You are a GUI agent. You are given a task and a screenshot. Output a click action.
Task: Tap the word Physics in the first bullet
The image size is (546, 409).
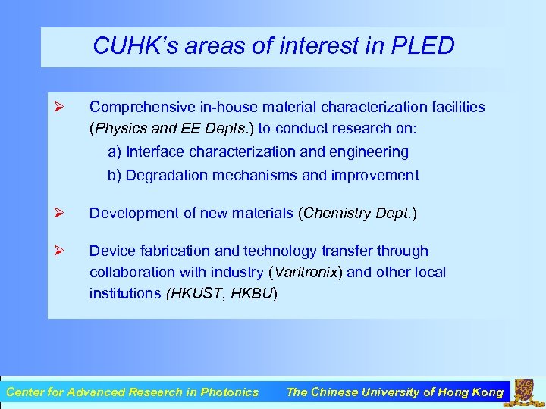pyautogui.click(x=118, y=128)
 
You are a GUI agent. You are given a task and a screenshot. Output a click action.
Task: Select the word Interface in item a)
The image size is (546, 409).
pyautogui.click(x=155, y=151)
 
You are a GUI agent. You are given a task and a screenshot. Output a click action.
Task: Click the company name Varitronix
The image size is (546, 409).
pyautogui.click(x=303, y=272)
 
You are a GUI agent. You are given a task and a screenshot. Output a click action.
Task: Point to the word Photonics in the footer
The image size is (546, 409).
pyautogui.click(x=229, y=392)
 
